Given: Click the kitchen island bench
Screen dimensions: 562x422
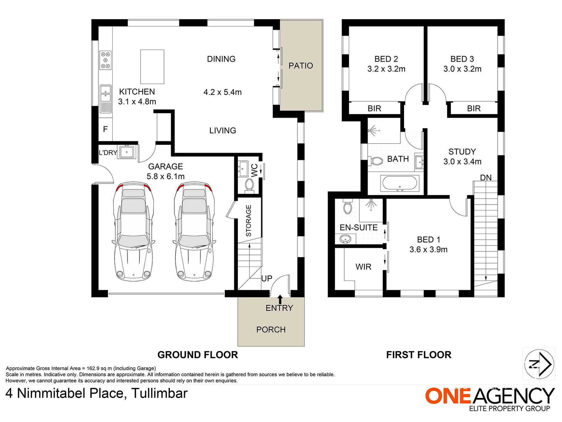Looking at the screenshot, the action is [152, 67].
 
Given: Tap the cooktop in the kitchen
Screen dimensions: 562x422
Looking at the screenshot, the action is [105, 60].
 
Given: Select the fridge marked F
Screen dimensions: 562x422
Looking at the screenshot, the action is [105, 129].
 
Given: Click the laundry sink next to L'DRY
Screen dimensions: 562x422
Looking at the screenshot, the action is [127, 152].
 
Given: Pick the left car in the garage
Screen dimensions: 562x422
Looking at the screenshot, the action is [133, 231].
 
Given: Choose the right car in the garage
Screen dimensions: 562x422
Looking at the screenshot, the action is [194, 231].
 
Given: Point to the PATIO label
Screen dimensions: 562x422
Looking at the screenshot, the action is [301, 66].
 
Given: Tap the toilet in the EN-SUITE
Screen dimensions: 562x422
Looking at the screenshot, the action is [347, 206].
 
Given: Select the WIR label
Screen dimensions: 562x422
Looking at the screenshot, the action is [363, 267].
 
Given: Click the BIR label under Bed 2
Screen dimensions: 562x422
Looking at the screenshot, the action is [374, 109].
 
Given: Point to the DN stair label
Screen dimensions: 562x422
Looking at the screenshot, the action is [486, 178].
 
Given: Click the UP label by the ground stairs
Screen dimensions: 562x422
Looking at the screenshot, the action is [267, 279].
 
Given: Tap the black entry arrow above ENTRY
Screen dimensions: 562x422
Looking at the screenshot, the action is [280, 299].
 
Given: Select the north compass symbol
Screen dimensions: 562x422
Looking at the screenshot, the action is [539, 364].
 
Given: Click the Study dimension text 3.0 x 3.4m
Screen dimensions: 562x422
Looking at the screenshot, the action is [462, 162].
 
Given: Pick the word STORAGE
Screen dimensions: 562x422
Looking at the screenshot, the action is [248, 221].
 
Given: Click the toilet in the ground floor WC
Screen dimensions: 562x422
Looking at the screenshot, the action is [249, 185].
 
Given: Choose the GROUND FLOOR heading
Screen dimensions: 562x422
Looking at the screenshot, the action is [198, 355].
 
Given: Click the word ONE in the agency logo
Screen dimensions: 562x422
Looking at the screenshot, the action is [448, 396].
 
